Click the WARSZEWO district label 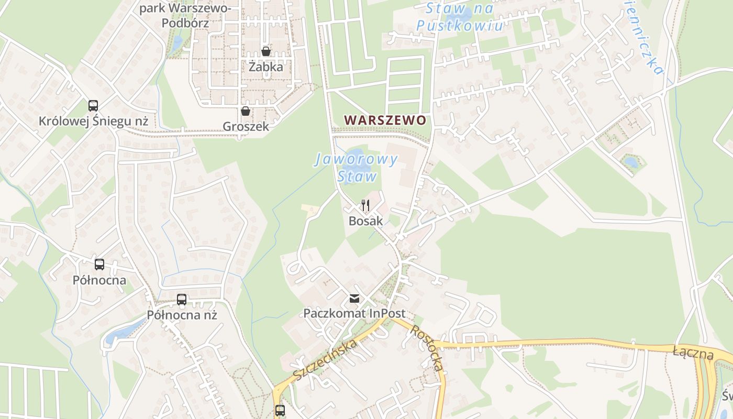pyautogui.click(x=385, y=120)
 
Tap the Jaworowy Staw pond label pyautogui.click(x=357, y=168)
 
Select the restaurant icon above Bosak pyautogui.click(x=365, y=205)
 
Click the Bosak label pyautogui.click(x=365, y=221)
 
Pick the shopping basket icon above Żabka pyautogui.click(x=266, y=51)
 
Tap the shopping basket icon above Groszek pyautogui.click(x=245, y=111)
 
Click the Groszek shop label pyautogui.click(x=246, y=126)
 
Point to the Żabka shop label pyautogui.click(x=266, y=67)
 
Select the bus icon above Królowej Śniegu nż pyautogui.click(x=93, y=106)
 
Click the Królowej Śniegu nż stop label pyautogui.click(x=93, y=122)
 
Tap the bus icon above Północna pyautogui.click(x=99, y=264)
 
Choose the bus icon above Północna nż pyautogui.click(x=182, y=300)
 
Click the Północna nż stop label pyautogui.click(x=182, y=315)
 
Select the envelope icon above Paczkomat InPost pyautogui.click(x=354, y=299)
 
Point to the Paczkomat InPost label pyautogui.click(x=354, y=314)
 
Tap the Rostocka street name pyautogui.click(x=427, y=348)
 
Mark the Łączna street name pyautogui.click(x=693, y=352)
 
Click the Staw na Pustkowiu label pyautogui.click(x=460, y=17)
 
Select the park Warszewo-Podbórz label pyautogui.click(x=185, y=16)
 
